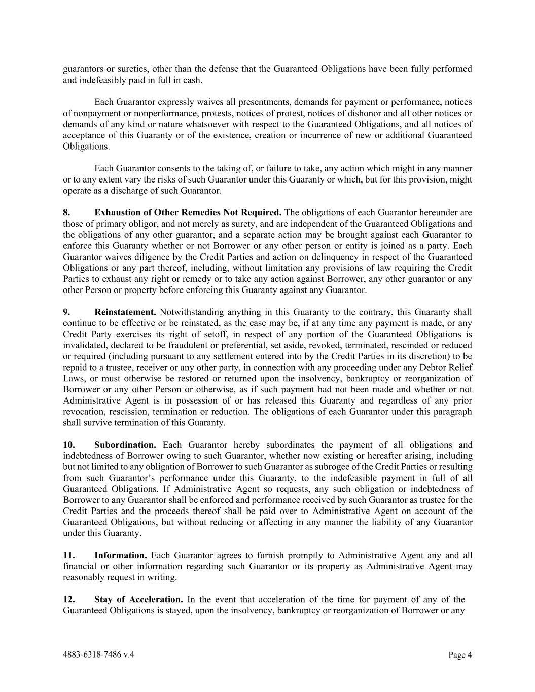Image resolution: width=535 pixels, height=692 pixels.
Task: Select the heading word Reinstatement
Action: pos(125,312)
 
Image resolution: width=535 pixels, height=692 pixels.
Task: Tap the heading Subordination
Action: pos(125,445)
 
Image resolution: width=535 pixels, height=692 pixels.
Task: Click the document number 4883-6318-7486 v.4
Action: pos(98,654)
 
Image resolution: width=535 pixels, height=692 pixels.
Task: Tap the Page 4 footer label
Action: pos(460,655)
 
